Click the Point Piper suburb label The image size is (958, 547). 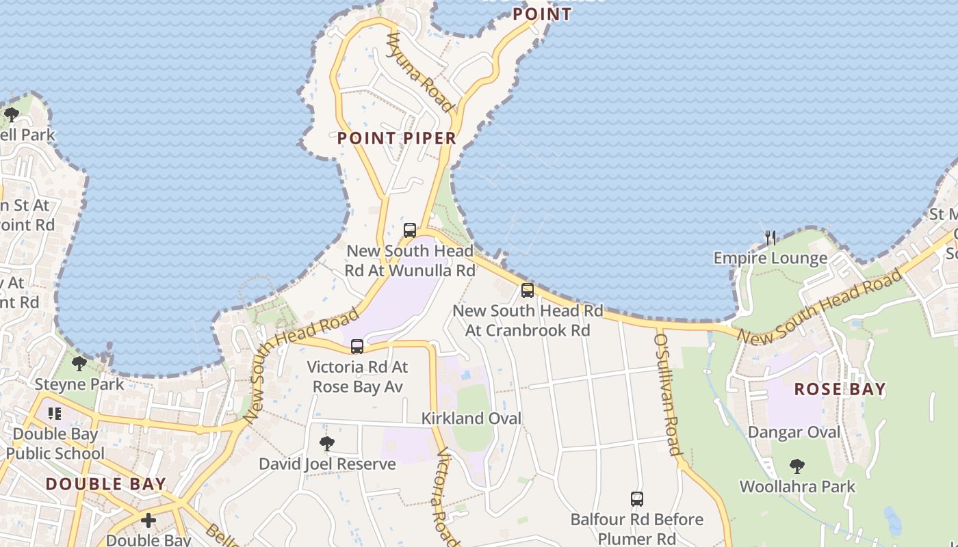396,138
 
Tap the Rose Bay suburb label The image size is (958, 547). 840,389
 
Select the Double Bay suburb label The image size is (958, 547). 106,484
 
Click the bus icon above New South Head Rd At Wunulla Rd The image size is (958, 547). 410,230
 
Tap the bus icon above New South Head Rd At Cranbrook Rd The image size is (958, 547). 528,290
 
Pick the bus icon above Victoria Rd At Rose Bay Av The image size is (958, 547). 357,347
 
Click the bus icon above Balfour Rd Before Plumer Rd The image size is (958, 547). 637,499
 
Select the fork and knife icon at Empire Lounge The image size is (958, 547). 771,238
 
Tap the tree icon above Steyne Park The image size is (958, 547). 79,363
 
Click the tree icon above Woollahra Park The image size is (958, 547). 797,466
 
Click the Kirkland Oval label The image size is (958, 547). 471,418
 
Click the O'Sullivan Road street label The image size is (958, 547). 668,394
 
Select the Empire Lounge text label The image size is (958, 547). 771,258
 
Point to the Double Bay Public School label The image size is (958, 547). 55,443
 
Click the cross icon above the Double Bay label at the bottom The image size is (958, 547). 148,521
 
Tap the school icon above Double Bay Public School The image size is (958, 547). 55,413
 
